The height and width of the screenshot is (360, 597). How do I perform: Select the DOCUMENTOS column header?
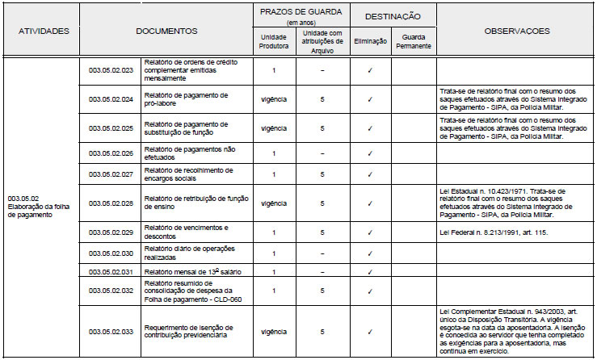tap(167, 31)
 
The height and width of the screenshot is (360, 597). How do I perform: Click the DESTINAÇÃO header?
tap(392, 15)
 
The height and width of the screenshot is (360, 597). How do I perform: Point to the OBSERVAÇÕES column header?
tap(517, 31)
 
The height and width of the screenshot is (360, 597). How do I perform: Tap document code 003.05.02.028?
tap(111, 203)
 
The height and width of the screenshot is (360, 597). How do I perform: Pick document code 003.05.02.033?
tap(111, 331)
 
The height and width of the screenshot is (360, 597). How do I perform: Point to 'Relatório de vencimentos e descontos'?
tap(187, 232)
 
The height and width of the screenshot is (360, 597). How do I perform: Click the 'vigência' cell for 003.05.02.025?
tap(275, 128)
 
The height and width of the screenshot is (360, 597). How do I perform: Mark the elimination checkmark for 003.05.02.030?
tap(369, 254)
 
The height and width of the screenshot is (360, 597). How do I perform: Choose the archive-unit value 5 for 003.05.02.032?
tap(322, 290)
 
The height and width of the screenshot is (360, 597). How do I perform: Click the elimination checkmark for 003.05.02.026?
tap(369, 153)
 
